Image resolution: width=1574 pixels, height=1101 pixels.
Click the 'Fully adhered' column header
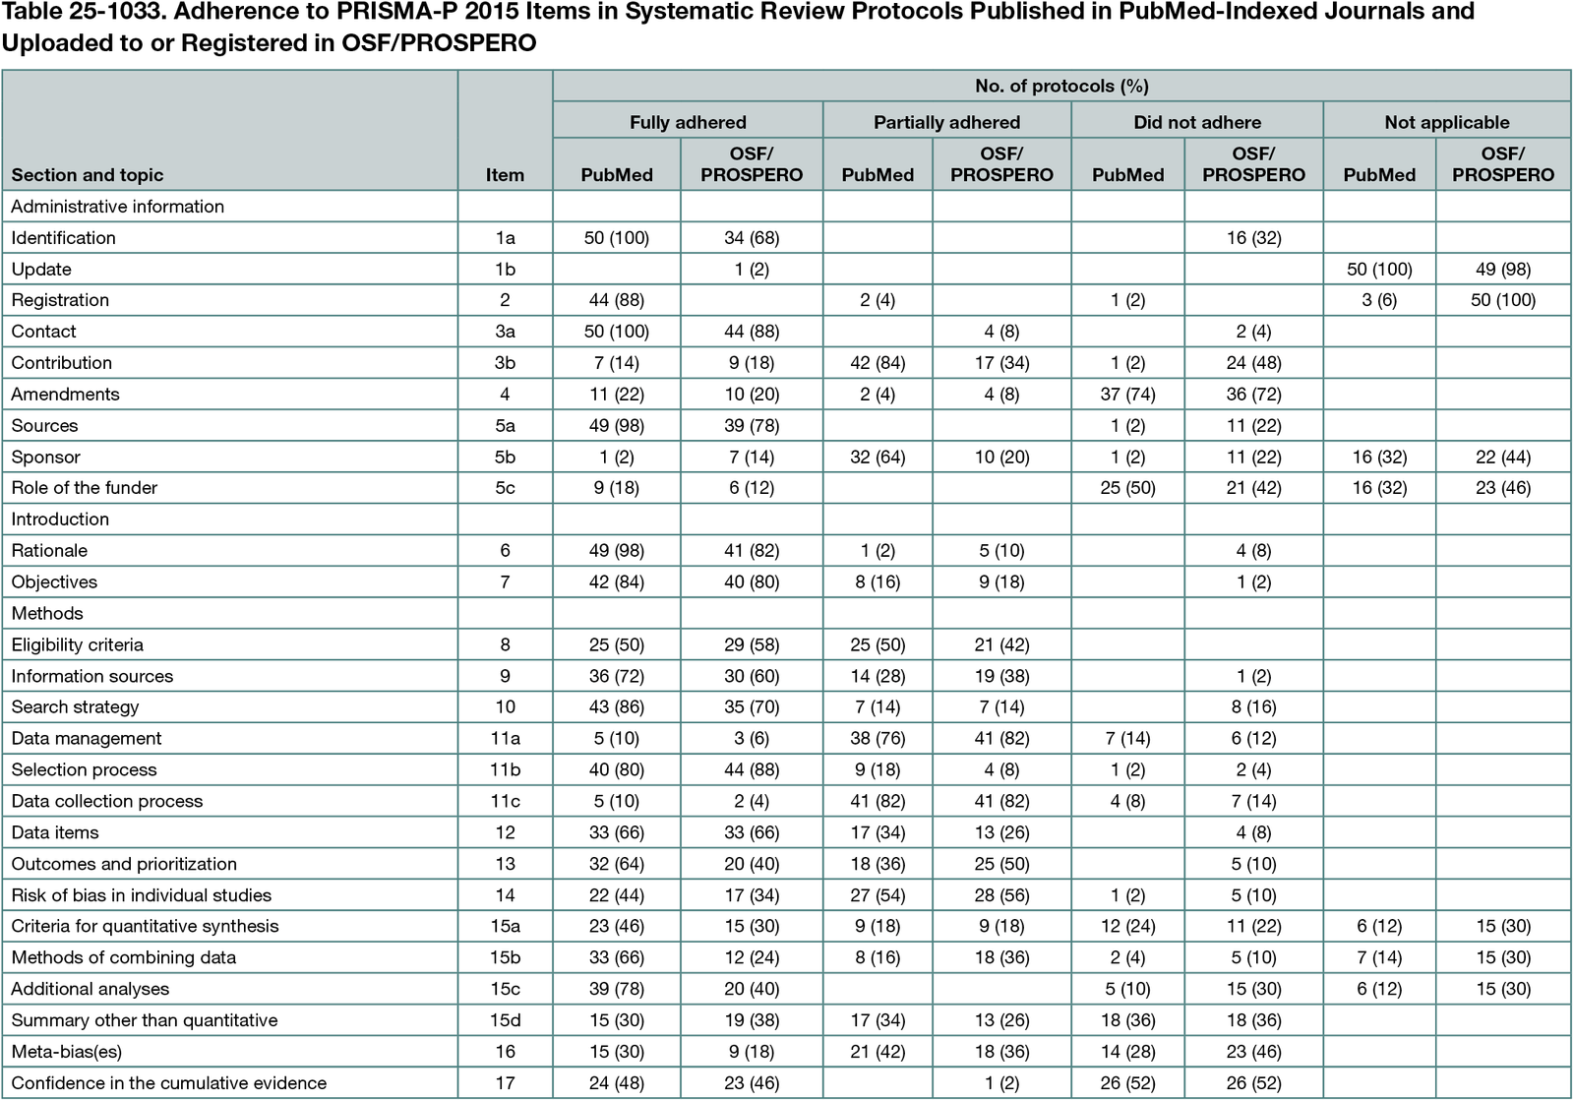[688, 122]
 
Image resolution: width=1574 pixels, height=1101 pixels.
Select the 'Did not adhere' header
[1196, 122]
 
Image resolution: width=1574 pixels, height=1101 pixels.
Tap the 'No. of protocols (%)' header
[1061, 86]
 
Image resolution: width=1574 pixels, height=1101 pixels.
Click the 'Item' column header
[505, 174]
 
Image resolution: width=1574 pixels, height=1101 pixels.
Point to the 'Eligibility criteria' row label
[78, 644]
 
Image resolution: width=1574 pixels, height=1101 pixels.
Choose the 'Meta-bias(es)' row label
[67, 1051]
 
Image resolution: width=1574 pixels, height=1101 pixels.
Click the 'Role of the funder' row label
[85, 487]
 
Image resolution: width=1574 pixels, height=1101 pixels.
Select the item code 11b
[505, 769]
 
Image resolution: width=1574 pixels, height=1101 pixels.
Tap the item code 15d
[505, 1020]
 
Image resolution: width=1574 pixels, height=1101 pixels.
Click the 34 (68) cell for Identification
[752, 237]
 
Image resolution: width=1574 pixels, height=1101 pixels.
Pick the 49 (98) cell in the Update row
[1502, 269]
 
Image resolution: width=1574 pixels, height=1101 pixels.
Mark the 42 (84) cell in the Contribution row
[878, 362]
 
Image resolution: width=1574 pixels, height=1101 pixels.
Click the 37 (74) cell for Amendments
[1127, 394]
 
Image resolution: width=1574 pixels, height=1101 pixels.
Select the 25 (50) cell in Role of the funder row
[1127, 487]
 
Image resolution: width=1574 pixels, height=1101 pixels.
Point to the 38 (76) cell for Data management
[878, 738]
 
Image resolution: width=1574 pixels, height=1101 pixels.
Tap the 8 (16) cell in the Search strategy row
[1253, 706]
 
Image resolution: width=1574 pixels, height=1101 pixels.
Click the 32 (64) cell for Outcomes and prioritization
[617, 863]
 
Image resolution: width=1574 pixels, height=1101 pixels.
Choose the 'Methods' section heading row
[47, 613]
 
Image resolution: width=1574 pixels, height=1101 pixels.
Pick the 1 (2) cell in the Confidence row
[1001, 1082]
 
